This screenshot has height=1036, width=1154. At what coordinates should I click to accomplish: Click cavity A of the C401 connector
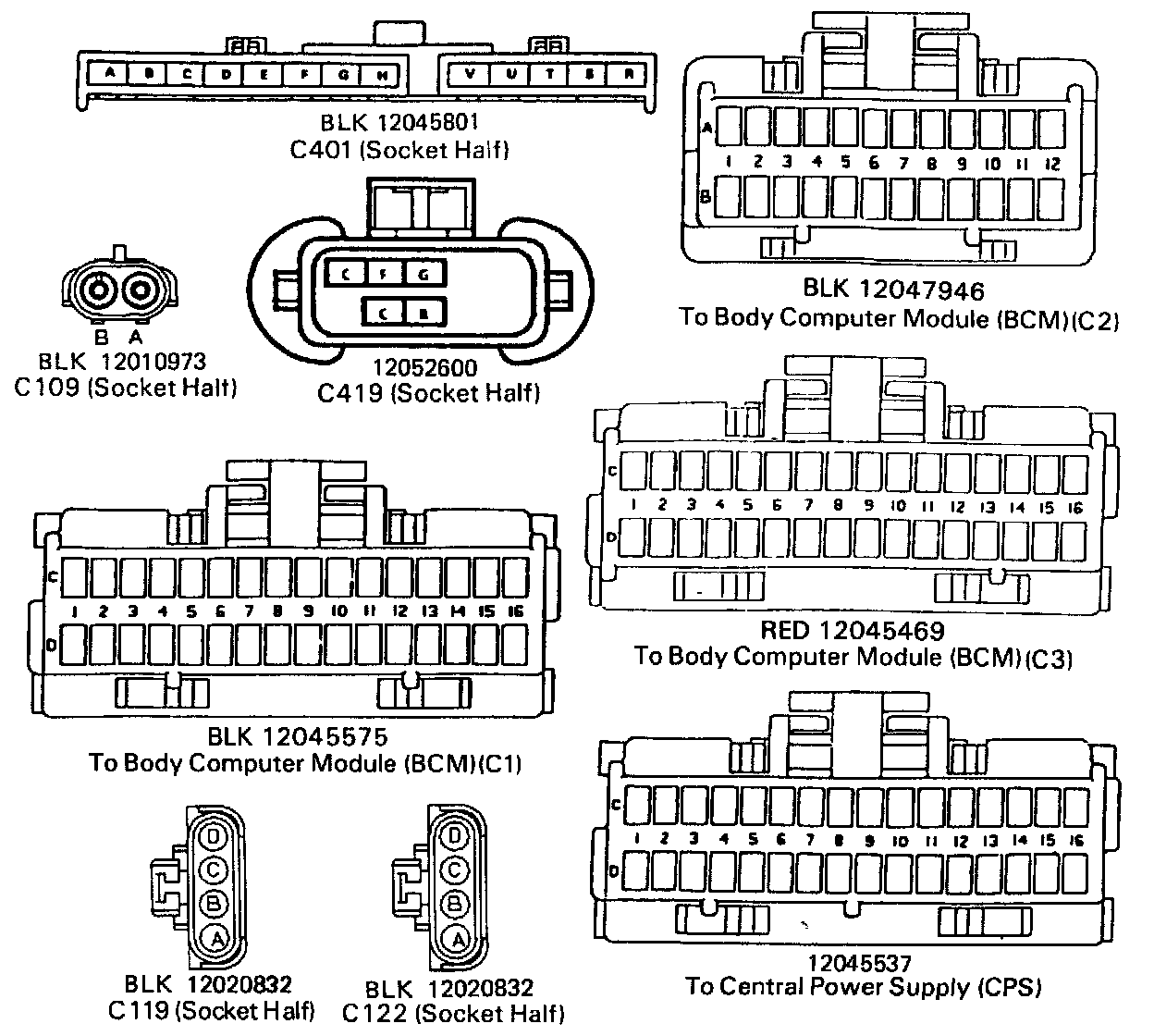click(x=110, y=73)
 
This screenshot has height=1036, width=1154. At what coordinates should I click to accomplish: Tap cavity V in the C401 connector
click(x=472, y=73)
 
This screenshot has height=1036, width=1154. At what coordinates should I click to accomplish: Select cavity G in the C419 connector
click(x=424, y=274)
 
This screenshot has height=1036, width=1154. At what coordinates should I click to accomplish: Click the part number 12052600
click(x=425, y=369)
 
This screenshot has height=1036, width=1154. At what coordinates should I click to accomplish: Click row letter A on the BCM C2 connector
click(x=707, y=129)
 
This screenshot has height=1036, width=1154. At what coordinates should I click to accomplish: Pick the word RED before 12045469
click(x=784, y=632)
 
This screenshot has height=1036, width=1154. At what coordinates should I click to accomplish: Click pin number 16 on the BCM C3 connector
click(x=1074, y=506)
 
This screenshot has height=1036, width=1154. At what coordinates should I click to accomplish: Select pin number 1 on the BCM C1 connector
click(x=74, y=611)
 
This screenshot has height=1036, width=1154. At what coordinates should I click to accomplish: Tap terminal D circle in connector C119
click(x=214, y=838)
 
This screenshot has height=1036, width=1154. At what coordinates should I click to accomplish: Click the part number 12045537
click(x=858, y=963)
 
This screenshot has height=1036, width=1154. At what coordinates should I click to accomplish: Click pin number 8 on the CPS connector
click(x=839, y=841)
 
